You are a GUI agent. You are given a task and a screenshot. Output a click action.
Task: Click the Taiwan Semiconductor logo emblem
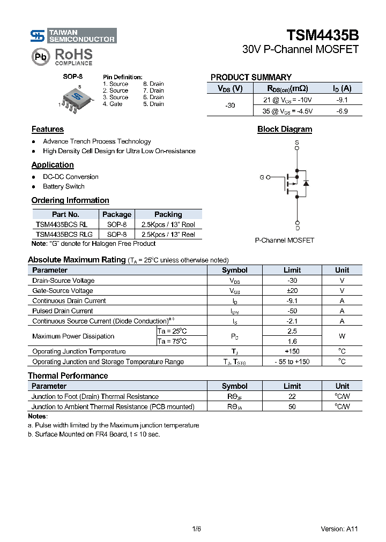point(38,36)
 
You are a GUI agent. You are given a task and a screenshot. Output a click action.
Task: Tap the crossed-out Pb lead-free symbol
point(41,56)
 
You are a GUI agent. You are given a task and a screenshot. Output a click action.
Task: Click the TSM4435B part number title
point(322,35)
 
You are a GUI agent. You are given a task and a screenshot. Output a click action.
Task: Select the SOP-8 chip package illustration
point(76,97)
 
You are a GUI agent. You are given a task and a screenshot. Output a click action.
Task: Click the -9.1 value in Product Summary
point(342,100)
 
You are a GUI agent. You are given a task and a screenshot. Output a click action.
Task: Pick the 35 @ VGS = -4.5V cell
point(287,111)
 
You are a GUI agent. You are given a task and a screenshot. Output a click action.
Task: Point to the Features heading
point(47,129)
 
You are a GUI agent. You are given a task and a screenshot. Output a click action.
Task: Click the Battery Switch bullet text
point(64,186)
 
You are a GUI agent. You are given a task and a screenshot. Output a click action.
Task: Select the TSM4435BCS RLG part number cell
point(64,234)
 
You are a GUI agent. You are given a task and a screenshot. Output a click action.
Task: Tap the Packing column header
point(168,214)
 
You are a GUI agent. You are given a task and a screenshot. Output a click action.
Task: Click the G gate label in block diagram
point(262,177)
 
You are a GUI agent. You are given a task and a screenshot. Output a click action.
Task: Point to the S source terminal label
point(297,142)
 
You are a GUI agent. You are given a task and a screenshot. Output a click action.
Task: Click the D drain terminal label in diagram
point(298,228)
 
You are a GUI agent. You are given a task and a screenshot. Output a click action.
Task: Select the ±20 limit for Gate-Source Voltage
point(292,291)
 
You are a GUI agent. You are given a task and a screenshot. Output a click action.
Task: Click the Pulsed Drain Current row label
point(63,311)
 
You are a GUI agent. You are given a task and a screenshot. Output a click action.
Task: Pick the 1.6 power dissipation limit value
point(292,341)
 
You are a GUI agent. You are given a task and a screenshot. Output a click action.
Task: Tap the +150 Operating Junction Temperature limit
point(292,351)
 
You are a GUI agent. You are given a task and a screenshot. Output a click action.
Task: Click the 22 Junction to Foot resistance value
point(292,396)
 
